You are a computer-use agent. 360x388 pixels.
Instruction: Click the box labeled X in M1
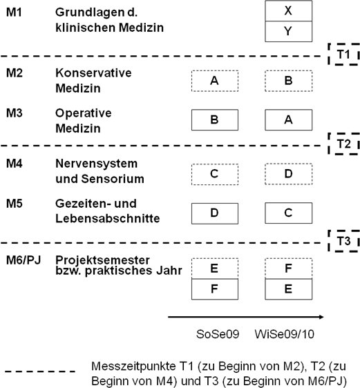click(x=288, y=11)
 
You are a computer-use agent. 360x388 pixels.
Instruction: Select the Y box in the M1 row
click(x=288, y=32)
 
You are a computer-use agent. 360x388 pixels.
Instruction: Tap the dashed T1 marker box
click(x=344, y=54)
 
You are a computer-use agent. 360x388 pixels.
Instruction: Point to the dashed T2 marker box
click(x=344, y=144)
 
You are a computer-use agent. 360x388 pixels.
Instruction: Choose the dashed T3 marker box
click(x=344, y=241)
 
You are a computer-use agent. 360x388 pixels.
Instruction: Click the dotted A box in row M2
click(x=215, y=81)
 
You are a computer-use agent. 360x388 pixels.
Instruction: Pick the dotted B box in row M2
click(x=288, y=81)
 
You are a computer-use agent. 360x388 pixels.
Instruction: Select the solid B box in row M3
click(x=215, y=119)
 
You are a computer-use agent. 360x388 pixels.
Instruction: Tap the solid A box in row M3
click(x=288, y=119)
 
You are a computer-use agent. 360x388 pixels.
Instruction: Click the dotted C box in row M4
click(x=215, y=174)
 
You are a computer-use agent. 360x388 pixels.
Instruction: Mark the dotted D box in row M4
click(x=288, y=174)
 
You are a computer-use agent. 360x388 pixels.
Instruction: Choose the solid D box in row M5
click(x=215, y=213)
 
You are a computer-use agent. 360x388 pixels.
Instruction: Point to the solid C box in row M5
click(x=288, y=213)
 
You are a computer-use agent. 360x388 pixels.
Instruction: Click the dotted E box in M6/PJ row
click(x=215, y=269)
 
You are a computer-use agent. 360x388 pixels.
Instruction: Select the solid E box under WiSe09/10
click(x=288, y=289)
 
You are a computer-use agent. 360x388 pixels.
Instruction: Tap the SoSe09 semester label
click(x=218, y=334)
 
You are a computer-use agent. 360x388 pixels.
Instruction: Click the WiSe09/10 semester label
click(x=285, y=334)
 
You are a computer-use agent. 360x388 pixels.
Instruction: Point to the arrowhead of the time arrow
click(x=321, y=317)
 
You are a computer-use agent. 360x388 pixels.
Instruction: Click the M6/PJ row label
click(x=23, y=260)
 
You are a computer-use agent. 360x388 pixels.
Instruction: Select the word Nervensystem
click(x=96, y=164)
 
